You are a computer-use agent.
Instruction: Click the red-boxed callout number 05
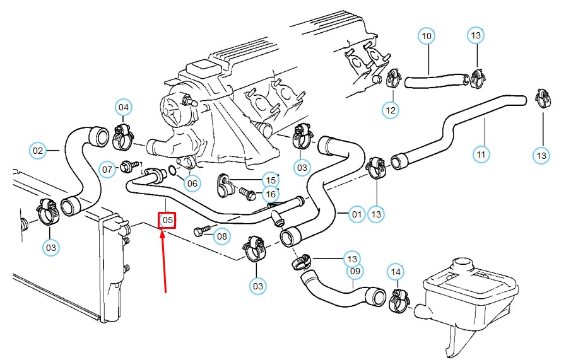point(167,220)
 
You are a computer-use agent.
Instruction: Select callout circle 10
point(427,36)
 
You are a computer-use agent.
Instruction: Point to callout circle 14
point(395,272)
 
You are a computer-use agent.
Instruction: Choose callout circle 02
point(38,151)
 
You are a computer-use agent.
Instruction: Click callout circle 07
point(108,169)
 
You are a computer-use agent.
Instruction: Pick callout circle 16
point(271,194)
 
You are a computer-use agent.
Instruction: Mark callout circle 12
point(391,110)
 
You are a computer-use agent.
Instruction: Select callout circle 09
point(355,272)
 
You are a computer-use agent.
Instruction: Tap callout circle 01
point(357,215)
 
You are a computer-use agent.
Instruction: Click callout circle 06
point(192,183)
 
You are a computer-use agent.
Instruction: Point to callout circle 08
point(221,237)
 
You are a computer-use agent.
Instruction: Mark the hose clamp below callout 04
point(124,136)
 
